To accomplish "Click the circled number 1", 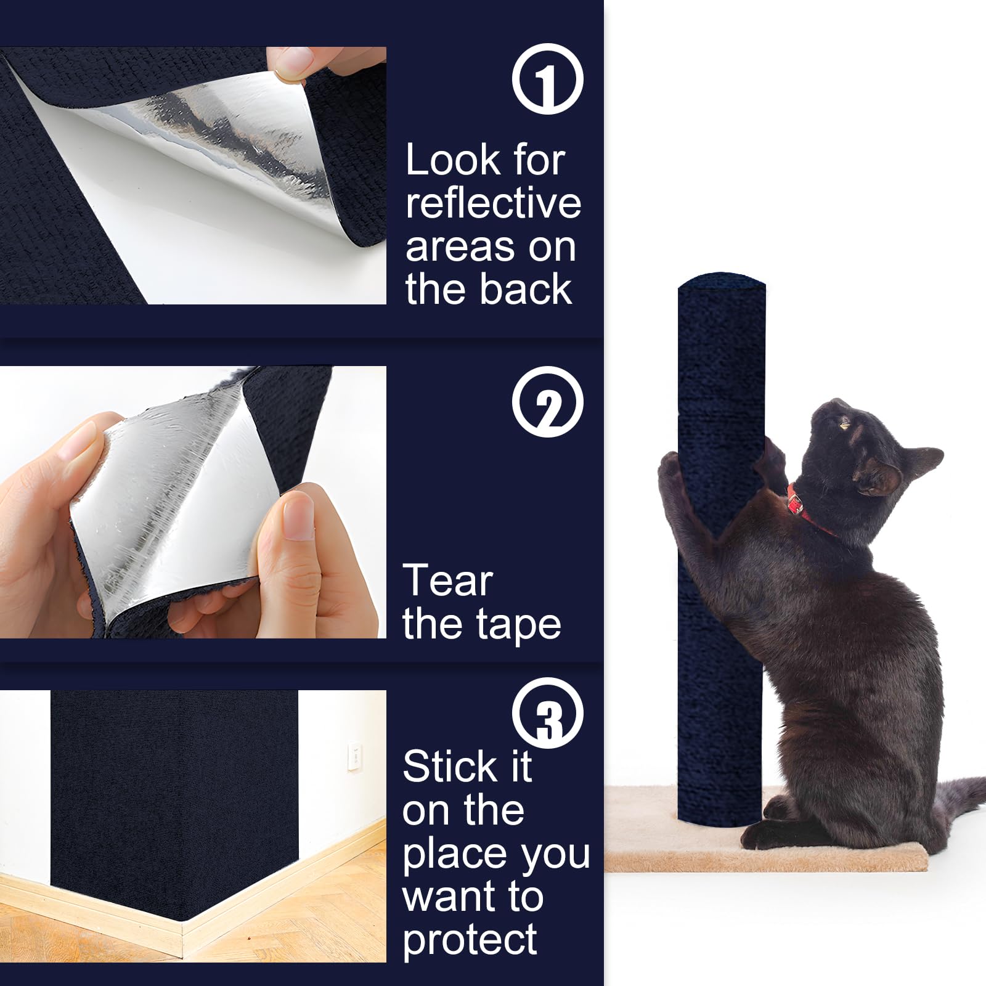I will click(x=547, y=79).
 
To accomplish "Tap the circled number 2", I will click(x=547, y=402).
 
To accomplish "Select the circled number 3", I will click(x=547, y=713).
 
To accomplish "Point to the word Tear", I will click(x=448, y=581).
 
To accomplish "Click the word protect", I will click(x=470, y=940).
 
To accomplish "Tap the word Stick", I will click(x=450, y=767).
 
